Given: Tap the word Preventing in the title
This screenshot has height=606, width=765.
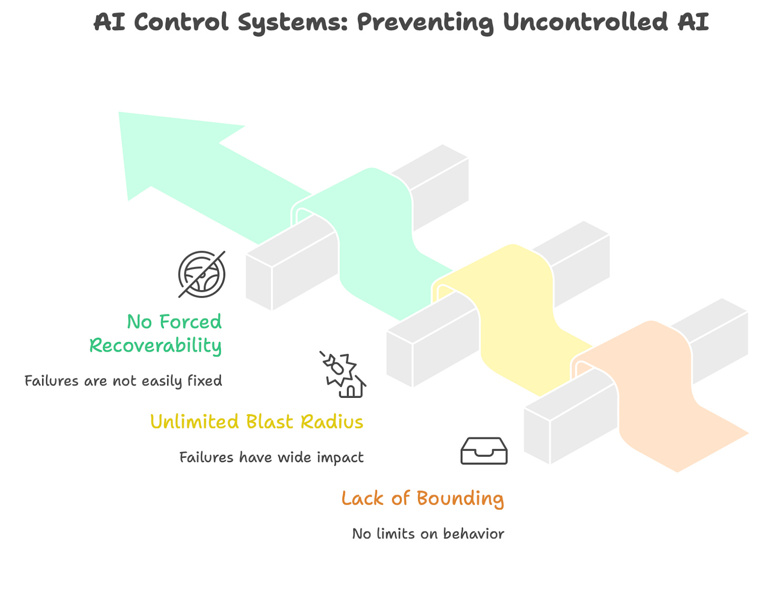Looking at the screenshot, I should pyautogui.click(x=426, y=22).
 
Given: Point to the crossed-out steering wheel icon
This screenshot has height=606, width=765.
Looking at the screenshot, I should pyautogui.click(x=202, y=274).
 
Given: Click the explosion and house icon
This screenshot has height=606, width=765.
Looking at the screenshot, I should pyautogui.click(x=344, y=375).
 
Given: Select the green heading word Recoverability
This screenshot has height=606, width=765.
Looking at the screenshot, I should pyautogui.click(x=156, y=346).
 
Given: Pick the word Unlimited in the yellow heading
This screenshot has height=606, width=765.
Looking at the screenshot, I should pyautogui.click(x=194, y=422).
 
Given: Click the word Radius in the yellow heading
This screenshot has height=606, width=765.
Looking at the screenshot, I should pyautogui.click(x=332, y=422).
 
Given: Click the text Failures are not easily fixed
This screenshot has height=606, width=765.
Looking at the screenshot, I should pyautogui.click(x=123, y=381).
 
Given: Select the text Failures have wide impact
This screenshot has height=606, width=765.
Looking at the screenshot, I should pyautogui.click(x=271, y=457).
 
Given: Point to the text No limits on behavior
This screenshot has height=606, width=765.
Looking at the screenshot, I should pyautogui.click(x=428, y=534).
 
